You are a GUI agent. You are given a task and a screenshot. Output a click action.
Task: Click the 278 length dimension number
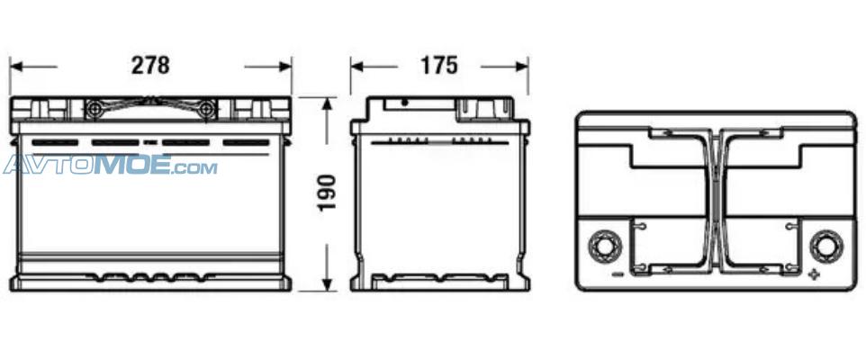(150, 66)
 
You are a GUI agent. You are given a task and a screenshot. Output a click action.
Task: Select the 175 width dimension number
(439, 66)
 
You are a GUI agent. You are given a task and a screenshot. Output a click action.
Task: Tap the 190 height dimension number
(327, 192)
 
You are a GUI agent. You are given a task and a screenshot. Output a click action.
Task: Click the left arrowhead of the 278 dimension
(16, 67)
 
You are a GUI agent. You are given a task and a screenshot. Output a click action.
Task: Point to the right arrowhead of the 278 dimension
(285, 67)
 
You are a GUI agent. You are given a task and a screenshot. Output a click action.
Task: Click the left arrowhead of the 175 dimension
(356, 67)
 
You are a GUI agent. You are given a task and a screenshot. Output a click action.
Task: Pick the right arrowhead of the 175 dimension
(522, 67)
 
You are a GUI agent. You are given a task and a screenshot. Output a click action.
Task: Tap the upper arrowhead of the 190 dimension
(328, 104)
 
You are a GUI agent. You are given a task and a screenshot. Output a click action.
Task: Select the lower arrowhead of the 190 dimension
(328, 284)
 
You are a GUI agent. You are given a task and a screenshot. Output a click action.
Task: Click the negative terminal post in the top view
(605, 247)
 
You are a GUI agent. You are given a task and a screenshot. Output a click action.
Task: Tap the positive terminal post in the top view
(826, 247)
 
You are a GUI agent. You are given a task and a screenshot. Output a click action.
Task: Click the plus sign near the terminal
(814, 274)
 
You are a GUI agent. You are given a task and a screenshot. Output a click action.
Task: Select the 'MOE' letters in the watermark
(132, 165)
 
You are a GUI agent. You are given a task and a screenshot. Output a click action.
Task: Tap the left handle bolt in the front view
(94, 109)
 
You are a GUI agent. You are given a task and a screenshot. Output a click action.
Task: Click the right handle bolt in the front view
(207, 109)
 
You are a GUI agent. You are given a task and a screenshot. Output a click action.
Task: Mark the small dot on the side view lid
(405, 103)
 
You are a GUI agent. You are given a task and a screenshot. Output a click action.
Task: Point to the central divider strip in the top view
(716, 202)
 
